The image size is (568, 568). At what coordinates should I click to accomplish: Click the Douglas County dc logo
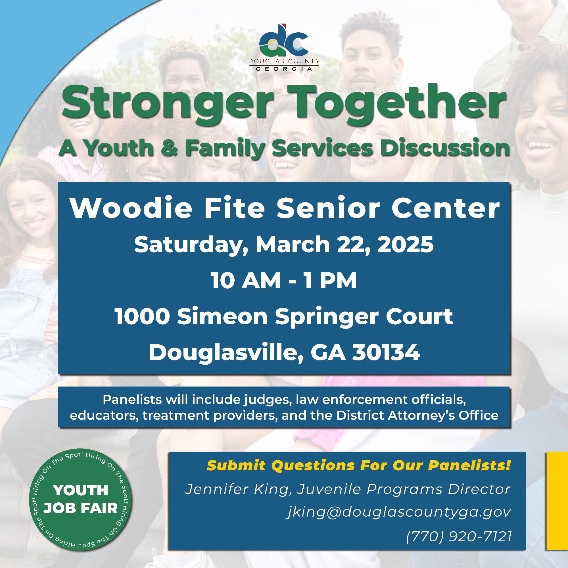pyautogui.click(x=284, y=41)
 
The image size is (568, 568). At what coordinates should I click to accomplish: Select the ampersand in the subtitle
pyautogui.click(x=169, y=148)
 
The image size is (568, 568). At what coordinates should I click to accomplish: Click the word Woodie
pyautogui.click(x=131, y=208)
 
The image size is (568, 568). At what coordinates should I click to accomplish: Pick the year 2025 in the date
pyautogui.click(x=406, y=245)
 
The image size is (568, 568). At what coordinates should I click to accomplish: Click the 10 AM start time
pyautogui.click(x=245, y=281)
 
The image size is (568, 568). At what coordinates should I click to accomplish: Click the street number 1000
pyautogui.click(x=142, y=317)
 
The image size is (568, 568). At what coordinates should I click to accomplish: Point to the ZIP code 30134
pyautogui.click(x=386, y=352)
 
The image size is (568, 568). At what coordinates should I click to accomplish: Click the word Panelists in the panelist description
pyautogui.click(x=132, y=400)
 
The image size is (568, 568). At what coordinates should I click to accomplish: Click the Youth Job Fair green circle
pyautogui.click(x=80, y=500)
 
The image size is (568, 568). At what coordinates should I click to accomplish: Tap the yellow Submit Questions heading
pyautogui.click(x=359, y=465)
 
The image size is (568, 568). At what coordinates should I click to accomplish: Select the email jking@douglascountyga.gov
pyautogui.click(x=399, y=512)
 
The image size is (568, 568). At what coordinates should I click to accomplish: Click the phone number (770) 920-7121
pyautogui.click(x=459, y=536)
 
